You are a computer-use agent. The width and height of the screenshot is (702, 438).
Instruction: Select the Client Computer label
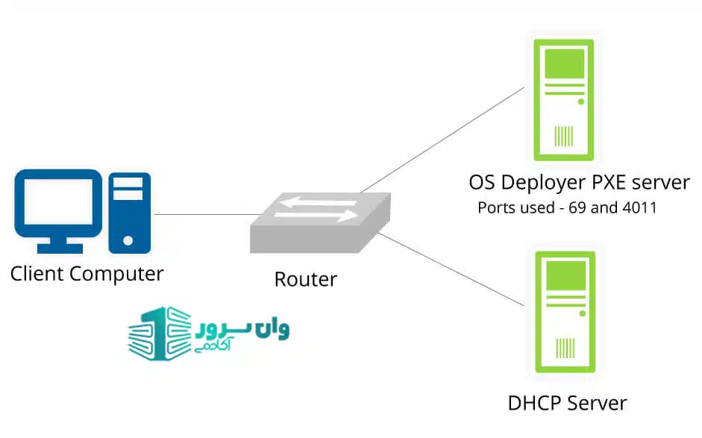click(x=87, y=274)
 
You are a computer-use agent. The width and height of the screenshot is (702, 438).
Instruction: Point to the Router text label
click(x=306, y=280)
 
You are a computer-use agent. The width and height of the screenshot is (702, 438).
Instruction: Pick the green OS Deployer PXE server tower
click(x=564, y=100)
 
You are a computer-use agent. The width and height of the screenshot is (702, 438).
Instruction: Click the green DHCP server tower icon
click(x=564, y=310)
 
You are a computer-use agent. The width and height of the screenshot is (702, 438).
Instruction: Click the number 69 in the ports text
click(x=580, y=208)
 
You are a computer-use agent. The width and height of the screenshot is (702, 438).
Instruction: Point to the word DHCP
click(x=534, y=404)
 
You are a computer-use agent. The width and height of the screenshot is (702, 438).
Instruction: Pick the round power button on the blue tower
click(x=128, y=240)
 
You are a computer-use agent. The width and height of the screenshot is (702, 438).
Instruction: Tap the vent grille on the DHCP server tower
click(x=565, y=348)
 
